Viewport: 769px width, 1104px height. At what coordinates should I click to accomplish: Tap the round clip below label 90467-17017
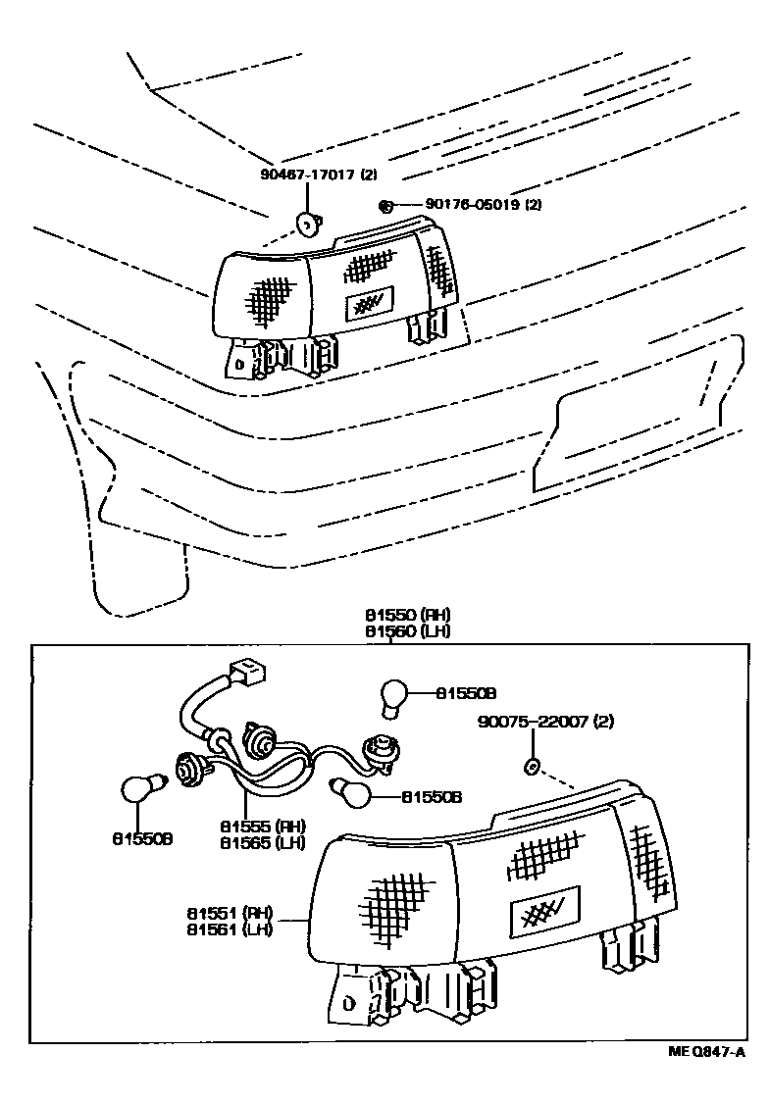tap(308, 226)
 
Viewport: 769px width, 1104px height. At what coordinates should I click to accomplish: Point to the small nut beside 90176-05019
tap(385, 206)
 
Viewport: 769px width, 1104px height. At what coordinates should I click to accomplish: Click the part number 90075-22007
tap(535, 722)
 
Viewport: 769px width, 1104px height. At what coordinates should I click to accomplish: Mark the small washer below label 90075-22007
tap(532, 764)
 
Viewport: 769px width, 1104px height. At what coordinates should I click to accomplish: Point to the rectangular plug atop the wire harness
tap(246, 674)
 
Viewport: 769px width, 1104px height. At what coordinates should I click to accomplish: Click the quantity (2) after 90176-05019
tap(534, 205)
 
